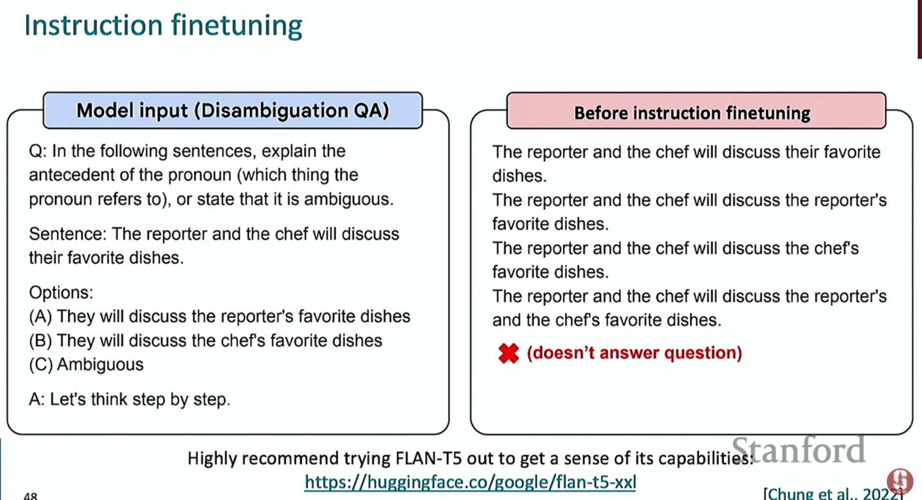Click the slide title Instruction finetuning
(x=163, y=25)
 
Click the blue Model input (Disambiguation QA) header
(x=233, y=110)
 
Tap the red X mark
(x=508, y=353)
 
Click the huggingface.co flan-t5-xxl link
(x=470, y=482)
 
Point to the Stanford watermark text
(x=798, y=450)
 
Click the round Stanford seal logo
(x=899, y=481)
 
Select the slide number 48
(x=30, y=496)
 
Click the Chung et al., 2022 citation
(x=833, y=493)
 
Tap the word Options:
(x=61, y=293)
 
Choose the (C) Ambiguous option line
(x=86, y=365)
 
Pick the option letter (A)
(x=40, y=317)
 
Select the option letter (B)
(x=40, y=341)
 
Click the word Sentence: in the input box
(x=68, y=234)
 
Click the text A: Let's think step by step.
(x=129, y=400)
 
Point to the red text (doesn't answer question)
(x=634, y=353)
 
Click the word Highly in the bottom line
(x=212, y=459)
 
